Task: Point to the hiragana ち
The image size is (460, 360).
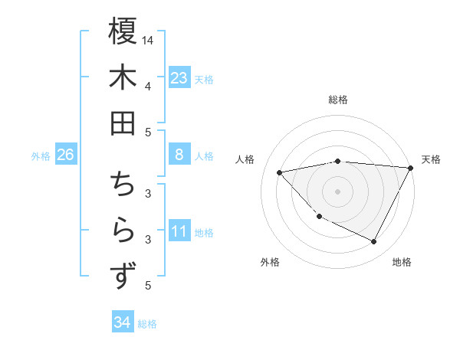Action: tap(123, 185)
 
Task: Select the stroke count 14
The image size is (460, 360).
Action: tap(148, 40)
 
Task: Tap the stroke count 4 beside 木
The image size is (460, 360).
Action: tap(148, 86)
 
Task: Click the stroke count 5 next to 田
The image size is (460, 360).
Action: tap(148, 132)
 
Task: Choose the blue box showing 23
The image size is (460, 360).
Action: tap(179, 78)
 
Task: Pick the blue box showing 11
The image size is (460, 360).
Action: tap(179, 232)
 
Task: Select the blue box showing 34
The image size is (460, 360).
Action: tap(122, 323)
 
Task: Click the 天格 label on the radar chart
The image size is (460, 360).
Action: tap(431, 159)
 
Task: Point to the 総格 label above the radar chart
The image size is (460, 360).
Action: tap(337, 100)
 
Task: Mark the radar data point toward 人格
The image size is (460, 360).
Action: tap(280, 172)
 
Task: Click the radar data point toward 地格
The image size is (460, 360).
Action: tap(374, 242)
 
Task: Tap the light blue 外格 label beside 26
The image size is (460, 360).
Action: tap(41, 156)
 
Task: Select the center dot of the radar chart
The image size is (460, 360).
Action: tap(337, 191)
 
